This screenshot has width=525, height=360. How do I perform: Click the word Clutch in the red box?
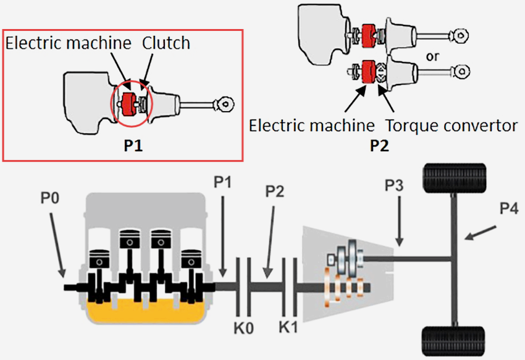[x=166, y=43]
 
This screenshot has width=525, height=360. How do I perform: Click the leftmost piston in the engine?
[x=99, y=259]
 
